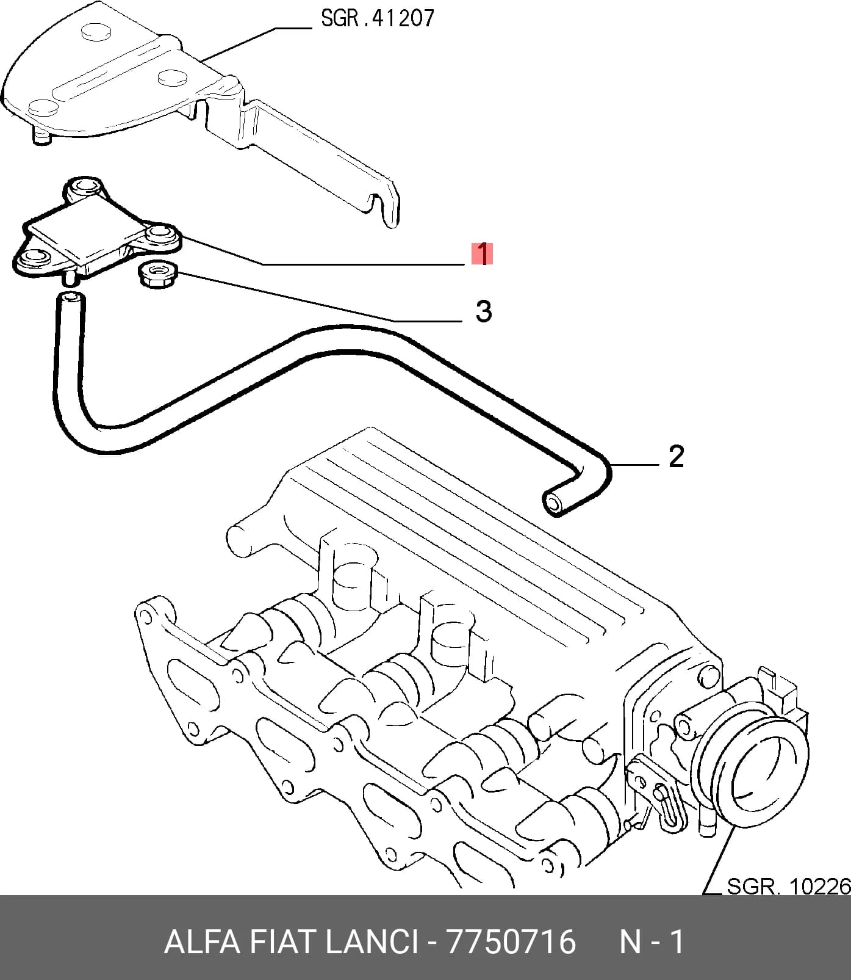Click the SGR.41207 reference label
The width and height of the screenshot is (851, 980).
[377, 18]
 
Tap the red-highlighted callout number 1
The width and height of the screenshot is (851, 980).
[482, 253]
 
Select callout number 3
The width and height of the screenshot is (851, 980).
[483, 311]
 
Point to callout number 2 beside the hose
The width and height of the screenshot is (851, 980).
[676, 456]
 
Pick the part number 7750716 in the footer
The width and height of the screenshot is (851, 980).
[511, 941]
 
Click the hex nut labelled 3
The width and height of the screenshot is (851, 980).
[157, 275]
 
